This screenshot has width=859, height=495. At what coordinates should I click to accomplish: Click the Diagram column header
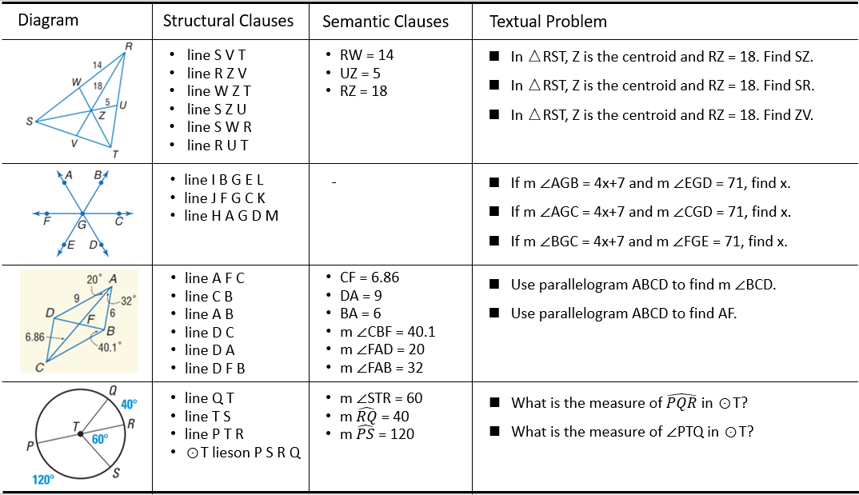click(x=48, y=21)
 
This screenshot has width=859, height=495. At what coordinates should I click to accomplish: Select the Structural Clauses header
click(x=228, y=21)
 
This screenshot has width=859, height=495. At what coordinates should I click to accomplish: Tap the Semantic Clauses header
click(x=386, y=22)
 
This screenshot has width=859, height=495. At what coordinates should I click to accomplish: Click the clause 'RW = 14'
click(x=366, y=55)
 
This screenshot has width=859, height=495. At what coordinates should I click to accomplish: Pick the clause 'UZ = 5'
click(x=362, y=73)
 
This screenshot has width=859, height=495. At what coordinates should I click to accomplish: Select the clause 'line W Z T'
click(x=218, y=91)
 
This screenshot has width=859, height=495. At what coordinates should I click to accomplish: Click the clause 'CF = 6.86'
click(x=369, y=277)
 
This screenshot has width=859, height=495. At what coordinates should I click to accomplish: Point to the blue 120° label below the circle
click(x=43, y=480)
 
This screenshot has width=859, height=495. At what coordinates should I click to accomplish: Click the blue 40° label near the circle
click(x=130, y=405)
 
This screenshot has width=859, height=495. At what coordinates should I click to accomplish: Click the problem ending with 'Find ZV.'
click(x=661, y=115)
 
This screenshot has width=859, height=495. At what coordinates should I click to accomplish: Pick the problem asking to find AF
click(x=623, y=313)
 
